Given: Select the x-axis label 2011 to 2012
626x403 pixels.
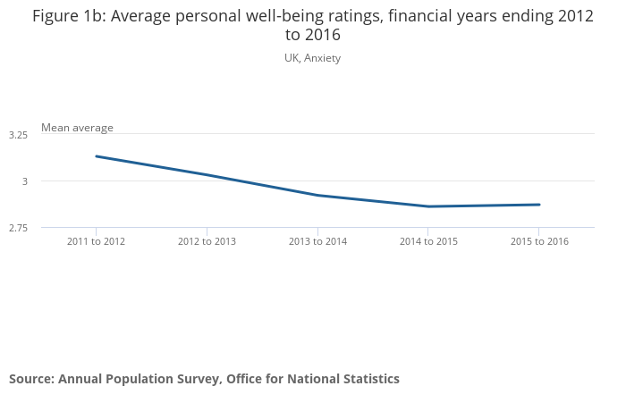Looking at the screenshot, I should (96, 241).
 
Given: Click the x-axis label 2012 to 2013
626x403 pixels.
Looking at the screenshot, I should (207, 241).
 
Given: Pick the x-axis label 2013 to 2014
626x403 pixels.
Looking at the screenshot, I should (317, 241).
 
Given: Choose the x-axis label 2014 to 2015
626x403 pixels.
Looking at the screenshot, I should (428, 241).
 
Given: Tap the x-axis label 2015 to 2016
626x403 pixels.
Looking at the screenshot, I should (539, 241).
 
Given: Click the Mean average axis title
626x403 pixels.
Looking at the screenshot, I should (77, 128).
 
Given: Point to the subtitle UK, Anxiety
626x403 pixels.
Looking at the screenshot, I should (312, 58).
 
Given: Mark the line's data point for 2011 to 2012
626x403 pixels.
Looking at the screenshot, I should (96, 156).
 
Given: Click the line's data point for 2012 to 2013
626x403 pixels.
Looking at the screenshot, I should (207, 174).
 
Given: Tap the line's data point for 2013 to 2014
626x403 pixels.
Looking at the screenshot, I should (317, 195).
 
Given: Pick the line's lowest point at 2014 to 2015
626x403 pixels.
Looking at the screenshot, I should (428, 206).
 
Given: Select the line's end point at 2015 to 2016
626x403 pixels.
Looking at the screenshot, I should (539, 205).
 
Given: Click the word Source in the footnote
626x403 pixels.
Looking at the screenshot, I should (30, 379).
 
